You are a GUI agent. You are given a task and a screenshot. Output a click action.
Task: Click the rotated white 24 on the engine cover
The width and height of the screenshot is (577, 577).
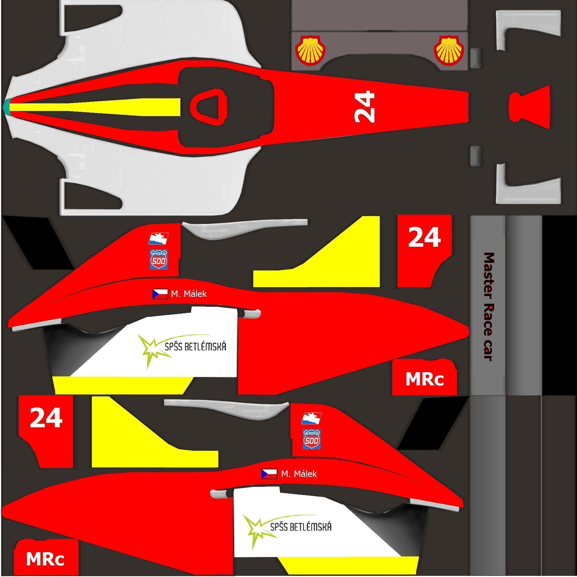[364, 107]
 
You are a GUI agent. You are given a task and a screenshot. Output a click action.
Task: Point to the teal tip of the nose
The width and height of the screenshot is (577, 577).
[6, 107]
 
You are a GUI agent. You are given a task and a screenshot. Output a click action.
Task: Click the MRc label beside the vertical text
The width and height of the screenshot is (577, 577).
[424, 379]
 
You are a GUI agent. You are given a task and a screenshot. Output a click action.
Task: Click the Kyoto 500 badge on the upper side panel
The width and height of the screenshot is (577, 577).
[159, 259]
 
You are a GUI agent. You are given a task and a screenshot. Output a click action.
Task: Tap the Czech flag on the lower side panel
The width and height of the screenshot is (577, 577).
[269, 474]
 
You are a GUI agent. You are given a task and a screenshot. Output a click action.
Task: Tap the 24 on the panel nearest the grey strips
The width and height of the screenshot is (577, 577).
[424, 237]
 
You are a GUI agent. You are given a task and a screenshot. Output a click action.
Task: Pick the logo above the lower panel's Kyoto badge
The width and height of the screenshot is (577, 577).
[312, 418]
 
